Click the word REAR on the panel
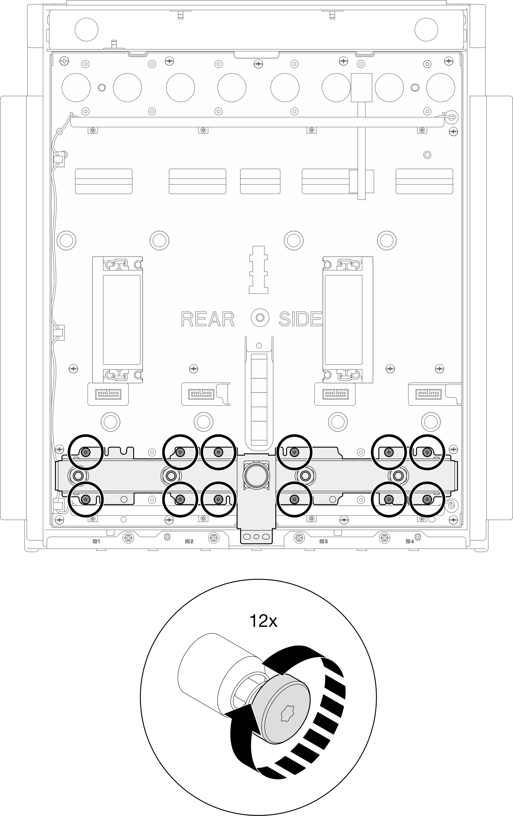pyautogui.click(x=208, y=319)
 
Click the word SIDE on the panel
pyautogui.click(x=300, y=319)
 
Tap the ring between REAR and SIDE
pyautogui.click(x=260, y=318)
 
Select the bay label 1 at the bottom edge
pyautogui.click(x=97, y=541)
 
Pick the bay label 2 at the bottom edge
pyautogui.click(x=189, y=541)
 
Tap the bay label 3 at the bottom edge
pyautogui.click(x=323, y=541)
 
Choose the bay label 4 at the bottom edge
pyautogui.click(x=410, y=541)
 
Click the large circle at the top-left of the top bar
pyautogui.click(x=86, y=30)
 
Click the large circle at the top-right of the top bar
pyautogui.click(x=426, y=30)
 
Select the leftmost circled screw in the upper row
pyautogui.click(x=85, y=452)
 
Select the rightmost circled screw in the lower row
pyautogui.click(x=427, y=499)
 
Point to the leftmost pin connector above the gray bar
pyautogui.click(x=108, y=394)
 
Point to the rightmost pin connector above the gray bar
pyautogui.click(x=429, y=394)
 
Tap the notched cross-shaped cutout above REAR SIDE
pyautogui.click(x=258, y=270)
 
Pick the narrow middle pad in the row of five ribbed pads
pyautogui.click(x=260, y=181)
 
